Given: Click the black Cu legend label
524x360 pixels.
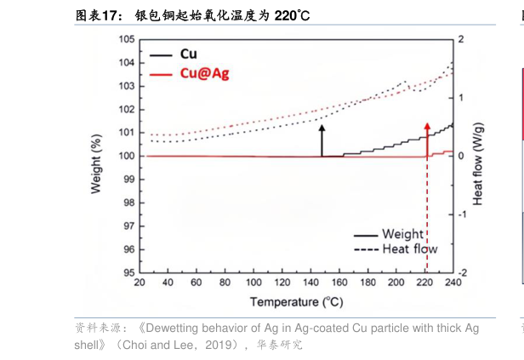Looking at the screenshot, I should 189,54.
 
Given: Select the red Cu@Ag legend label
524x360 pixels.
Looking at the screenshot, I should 204,74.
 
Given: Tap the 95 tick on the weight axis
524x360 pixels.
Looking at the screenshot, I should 128,273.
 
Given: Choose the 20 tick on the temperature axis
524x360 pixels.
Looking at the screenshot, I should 140,283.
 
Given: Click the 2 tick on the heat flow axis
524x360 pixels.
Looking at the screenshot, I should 461,39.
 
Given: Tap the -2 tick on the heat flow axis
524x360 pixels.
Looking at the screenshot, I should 463,273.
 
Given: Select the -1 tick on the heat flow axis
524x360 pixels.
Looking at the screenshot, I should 463,214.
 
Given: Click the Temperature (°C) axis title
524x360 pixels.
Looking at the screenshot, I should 296,302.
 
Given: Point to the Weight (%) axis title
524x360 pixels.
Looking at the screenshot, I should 96,157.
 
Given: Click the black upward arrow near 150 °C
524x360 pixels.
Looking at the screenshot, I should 322,128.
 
